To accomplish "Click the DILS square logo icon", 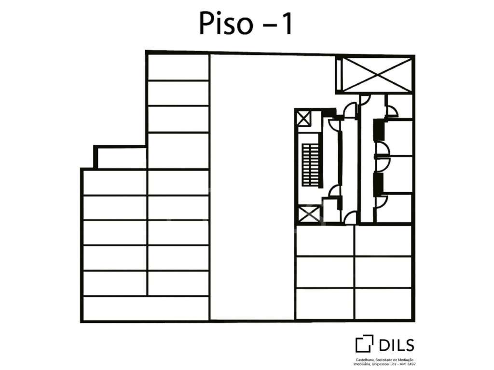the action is point(364,344).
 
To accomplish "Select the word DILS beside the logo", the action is point(397,345).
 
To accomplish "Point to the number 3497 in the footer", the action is point(411,364).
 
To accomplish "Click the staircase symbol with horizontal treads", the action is point(310,165).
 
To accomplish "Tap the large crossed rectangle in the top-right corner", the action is point(377,75).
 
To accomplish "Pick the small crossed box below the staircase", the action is point(309,214).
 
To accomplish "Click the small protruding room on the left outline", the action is point(121,158).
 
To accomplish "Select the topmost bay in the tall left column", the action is point(178,67).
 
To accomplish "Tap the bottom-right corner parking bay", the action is point(383,304).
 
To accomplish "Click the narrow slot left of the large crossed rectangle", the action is point(339,75).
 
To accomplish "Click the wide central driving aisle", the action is point(252,187).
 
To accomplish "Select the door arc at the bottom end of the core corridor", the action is point(351,217).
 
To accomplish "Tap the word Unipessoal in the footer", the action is point(379,364).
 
